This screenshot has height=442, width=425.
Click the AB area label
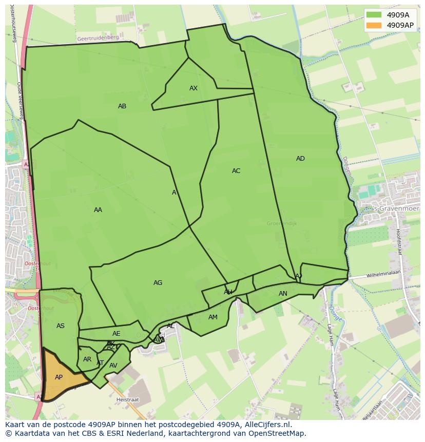tap(122, 106)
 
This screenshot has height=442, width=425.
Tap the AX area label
tap(194, 88)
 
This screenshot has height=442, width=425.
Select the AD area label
tap(300, 159)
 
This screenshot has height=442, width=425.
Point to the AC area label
tap(236, 171)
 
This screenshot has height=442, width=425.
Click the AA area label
tap(98, 210)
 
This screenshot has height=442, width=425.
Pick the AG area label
tap(158, 283)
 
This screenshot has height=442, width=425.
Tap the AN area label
tap(283, 294)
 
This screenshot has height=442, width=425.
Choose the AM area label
tap(213, 317)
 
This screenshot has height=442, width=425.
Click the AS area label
tap(61, 326)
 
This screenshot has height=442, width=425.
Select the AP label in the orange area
tap(59, 377)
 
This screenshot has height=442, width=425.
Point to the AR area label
tap(87, 359)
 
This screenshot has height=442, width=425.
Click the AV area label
tap(113, 366)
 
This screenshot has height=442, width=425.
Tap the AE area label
tap(117, 334)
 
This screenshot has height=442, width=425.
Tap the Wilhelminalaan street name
tap(382, 275)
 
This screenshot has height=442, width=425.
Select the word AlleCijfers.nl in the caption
tap(266, 425)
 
